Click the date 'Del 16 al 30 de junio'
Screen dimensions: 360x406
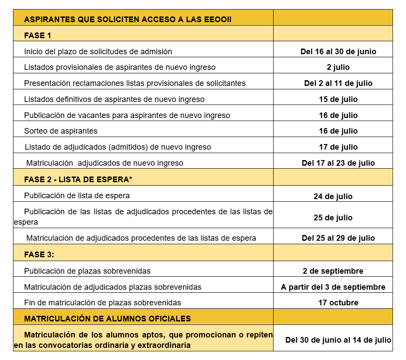tap(338, 52)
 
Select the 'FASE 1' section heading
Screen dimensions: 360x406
tap(38, 36)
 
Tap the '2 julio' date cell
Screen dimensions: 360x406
tap(338, 67)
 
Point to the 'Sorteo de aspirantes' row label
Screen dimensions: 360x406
tap(61, 131)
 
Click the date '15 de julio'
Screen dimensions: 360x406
tap(338, 99)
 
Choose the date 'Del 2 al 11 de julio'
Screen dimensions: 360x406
tap(338, 83)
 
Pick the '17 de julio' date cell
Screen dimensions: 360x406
tap(338, 147)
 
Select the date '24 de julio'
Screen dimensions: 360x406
tap(333, 196)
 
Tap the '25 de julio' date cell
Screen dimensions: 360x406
tap(333, 218)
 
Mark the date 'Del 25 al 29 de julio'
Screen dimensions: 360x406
tap(338, 238)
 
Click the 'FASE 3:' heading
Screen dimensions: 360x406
tap(39, 255)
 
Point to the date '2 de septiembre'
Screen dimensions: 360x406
tap(333, 271)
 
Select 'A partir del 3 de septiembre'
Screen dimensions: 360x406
tap(333, 287)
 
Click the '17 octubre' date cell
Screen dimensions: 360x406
tap(338, 303)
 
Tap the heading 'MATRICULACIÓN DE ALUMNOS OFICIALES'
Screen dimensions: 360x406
tap(107, 319)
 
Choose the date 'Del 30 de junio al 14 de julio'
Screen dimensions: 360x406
tap(338, 340)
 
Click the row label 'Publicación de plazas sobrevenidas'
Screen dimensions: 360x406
tap(87, 271)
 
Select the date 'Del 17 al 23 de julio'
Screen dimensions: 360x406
tap(338, 163)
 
